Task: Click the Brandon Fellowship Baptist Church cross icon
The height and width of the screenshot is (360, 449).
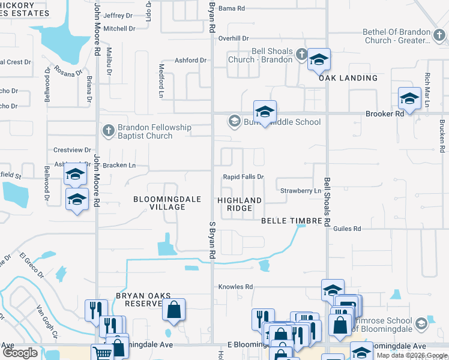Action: [x=108, y=130]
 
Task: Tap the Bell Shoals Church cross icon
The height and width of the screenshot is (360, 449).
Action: [x=302, y=55]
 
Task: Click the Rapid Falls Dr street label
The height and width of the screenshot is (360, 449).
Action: [x=244, y=177]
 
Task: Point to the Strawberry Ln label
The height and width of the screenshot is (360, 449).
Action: [x=301, y=191]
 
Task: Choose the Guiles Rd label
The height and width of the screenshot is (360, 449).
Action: [x=347, y=229]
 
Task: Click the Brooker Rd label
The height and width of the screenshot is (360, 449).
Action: [x=385, y=113]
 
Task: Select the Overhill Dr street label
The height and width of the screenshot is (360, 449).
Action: [x=234, y=38]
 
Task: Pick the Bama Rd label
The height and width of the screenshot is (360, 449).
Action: [x=232, y=8]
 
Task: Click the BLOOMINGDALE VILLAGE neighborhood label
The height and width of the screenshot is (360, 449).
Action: [x=159, y=203]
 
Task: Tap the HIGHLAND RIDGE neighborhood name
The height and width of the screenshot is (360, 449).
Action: [x=240, y=204]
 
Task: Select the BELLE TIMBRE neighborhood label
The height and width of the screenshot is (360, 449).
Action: [x=292, y=221]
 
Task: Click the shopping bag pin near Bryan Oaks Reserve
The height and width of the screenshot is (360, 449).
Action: [x=173, y=310]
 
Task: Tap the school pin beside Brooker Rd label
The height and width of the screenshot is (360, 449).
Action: [x=409, y=98]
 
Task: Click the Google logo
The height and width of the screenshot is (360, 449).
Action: [x=20, y=353]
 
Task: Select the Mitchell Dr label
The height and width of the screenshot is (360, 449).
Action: [x=118, y=28]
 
